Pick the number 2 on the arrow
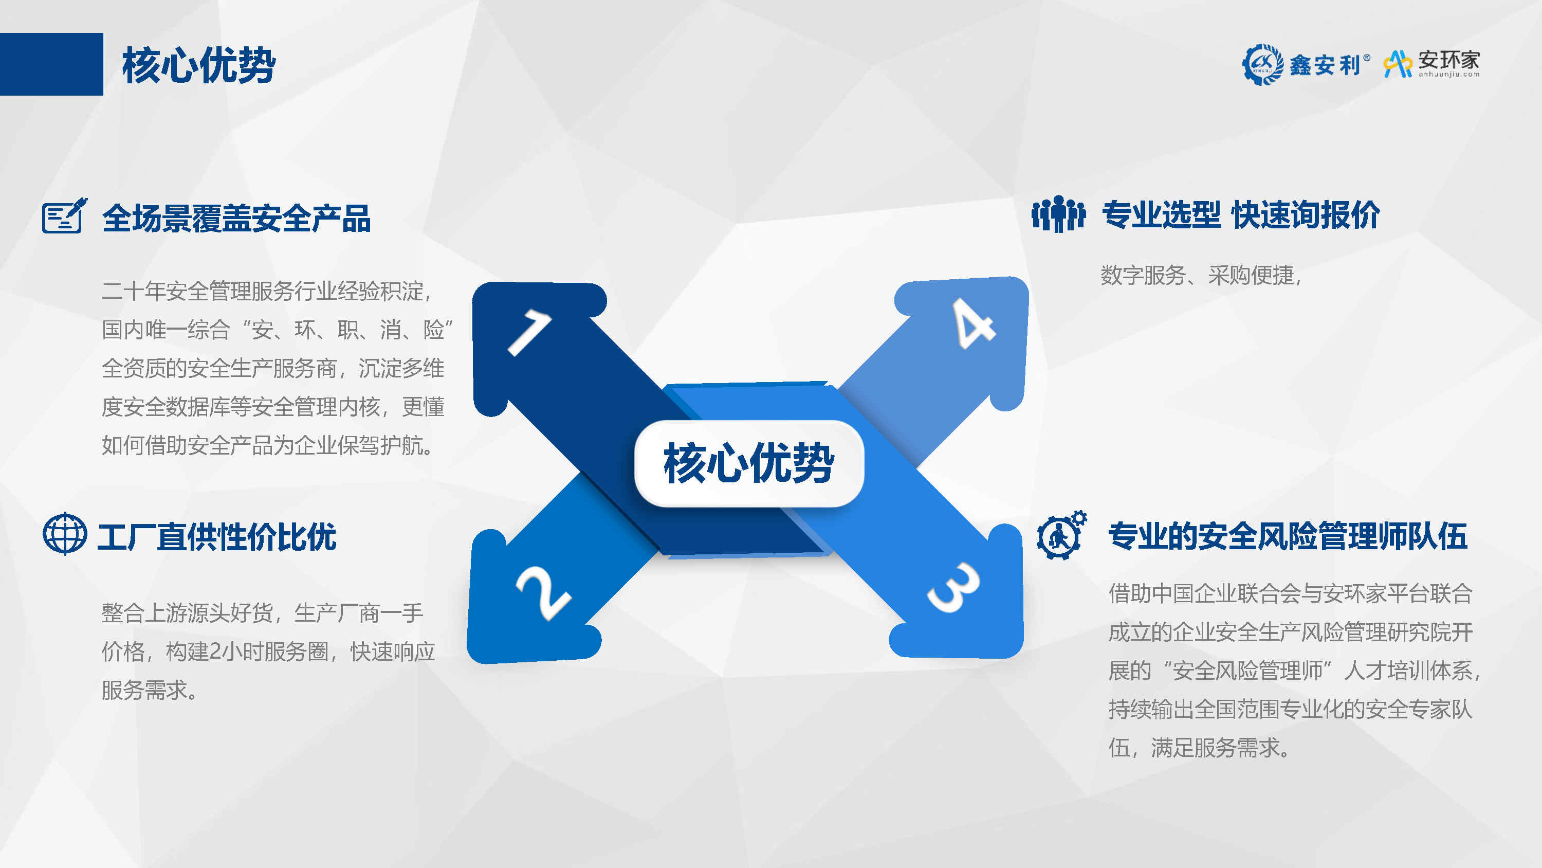(x=543, y=592)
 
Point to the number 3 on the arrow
(x=953, y=588)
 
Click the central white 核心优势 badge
(x=749, y=463)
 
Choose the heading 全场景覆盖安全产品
(x=236, y=218)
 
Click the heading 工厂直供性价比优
(x=217, y=536)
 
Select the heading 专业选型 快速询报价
(x=1241, y=214)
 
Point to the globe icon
(x=65, y=534)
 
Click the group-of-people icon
(x=1058, y=214)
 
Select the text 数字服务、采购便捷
(x=1197, y=276)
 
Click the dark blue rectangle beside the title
(x=51, y=64)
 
